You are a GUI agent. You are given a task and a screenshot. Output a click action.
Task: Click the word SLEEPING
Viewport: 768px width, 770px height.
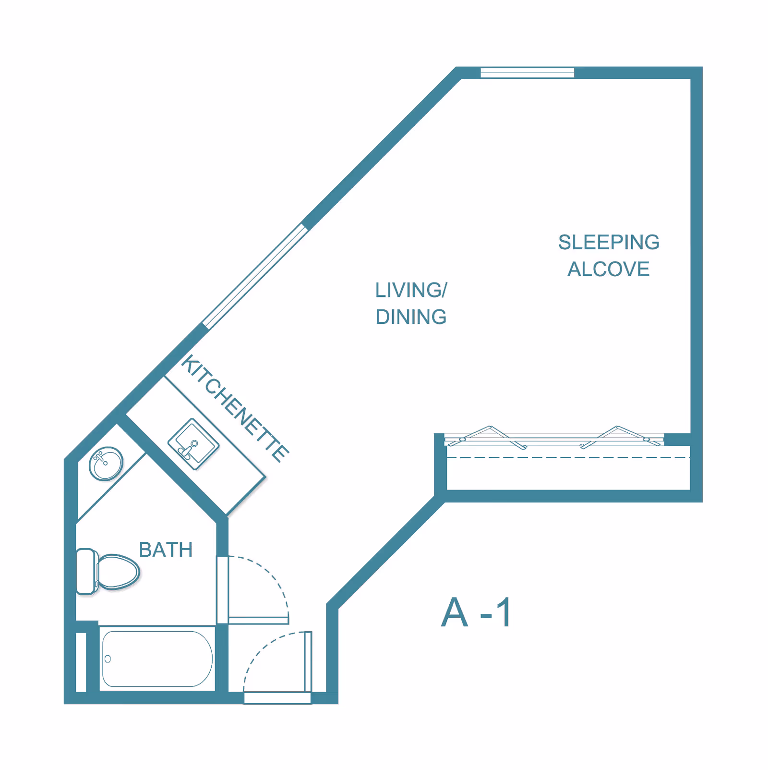point(608,243)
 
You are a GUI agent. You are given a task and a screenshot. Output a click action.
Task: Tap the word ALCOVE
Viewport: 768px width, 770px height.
point(608,269)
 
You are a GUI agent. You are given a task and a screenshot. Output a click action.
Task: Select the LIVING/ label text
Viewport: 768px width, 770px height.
point(411,291)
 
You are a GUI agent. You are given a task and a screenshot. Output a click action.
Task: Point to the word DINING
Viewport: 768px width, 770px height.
point(411,317)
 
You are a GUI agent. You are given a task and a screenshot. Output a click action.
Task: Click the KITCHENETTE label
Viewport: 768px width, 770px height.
point(235,408)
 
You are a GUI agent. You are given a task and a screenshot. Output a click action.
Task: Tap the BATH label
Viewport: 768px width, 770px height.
point(166,550)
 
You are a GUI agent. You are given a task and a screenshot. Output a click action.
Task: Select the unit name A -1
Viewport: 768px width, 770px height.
point(476,613)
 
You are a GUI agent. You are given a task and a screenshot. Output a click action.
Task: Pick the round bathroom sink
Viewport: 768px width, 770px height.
point(106,464)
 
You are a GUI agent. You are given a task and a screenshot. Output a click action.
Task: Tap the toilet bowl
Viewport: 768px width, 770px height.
point(118,572)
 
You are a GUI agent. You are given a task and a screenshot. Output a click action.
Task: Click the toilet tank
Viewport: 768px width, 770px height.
point(86,572)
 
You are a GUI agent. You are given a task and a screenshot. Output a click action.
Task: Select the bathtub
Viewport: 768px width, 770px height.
point(157,659)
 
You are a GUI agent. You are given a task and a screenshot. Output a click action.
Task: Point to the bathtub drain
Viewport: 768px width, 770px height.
point(108,659)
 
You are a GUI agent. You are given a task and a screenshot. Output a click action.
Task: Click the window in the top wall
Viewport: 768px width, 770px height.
point(527,73)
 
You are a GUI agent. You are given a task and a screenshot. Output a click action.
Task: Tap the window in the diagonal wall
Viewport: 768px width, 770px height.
point(255,276)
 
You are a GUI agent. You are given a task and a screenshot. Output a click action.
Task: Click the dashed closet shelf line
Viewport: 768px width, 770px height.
point(566,457)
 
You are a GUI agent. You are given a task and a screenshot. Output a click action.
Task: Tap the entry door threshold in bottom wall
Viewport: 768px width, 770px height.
point(277,698)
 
